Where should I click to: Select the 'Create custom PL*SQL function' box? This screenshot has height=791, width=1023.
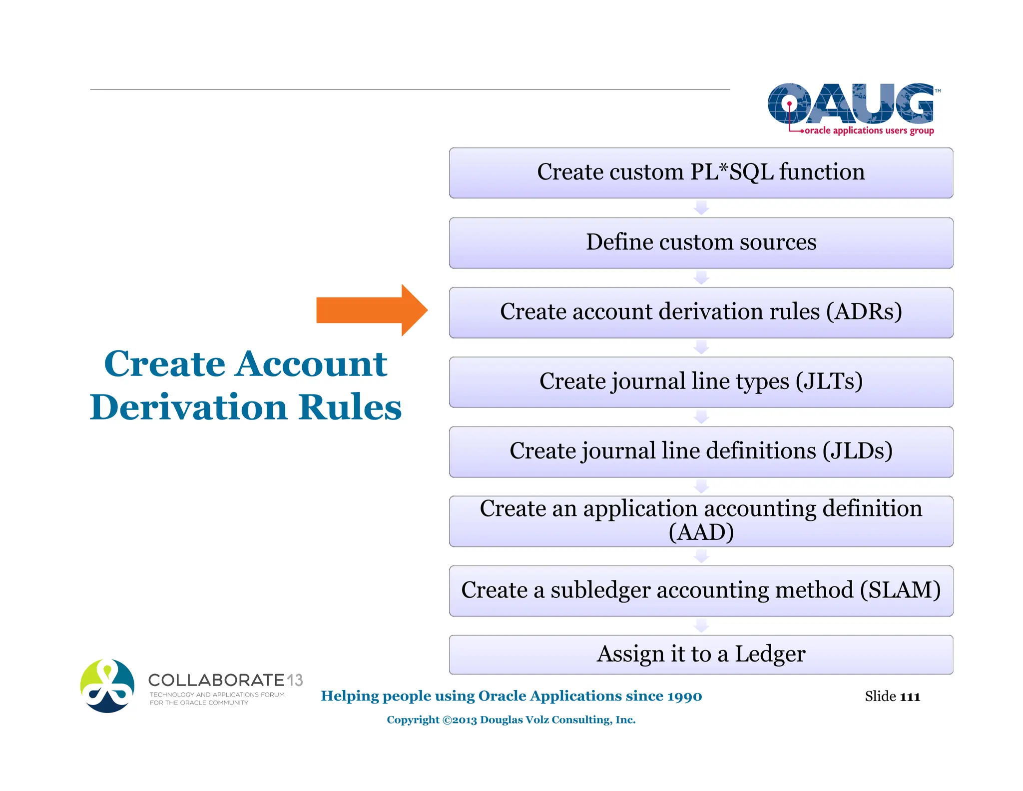[700, 172]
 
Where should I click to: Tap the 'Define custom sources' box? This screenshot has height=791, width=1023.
[700, 242]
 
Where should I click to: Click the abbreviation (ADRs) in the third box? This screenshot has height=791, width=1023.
[864, 311]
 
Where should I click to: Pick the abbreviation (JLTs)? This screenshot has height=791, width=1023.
[829, 381]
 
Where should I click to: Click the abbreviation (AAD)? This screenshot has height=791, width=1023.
[701, 532]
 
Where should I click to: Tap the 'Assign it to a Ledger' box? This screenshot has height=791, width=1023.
[700, 654]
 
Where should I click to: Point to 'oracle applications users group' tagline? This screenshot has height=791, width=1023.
[869, 130]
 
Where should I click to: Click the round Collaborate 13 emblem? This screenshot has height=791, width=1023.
[107, 685]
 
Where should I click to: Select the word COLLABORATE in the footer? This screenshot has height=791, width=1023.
[216, 680]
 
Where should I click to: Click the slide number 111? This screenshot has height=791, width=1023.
[910, 696]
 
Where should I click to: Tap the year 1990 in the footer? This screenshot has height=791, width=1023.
[684, 696]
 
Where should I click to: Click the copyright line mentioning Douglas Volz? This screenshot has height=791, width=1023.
[511, 719]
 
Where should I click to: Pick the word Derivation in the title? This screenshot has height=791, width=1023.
[189, 407]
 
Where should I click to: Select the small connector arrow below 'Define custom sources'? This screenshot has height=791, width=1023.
[701, 277]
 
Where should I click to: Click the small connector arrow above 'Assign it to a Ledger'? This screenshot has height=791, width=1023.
[701, 625]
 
